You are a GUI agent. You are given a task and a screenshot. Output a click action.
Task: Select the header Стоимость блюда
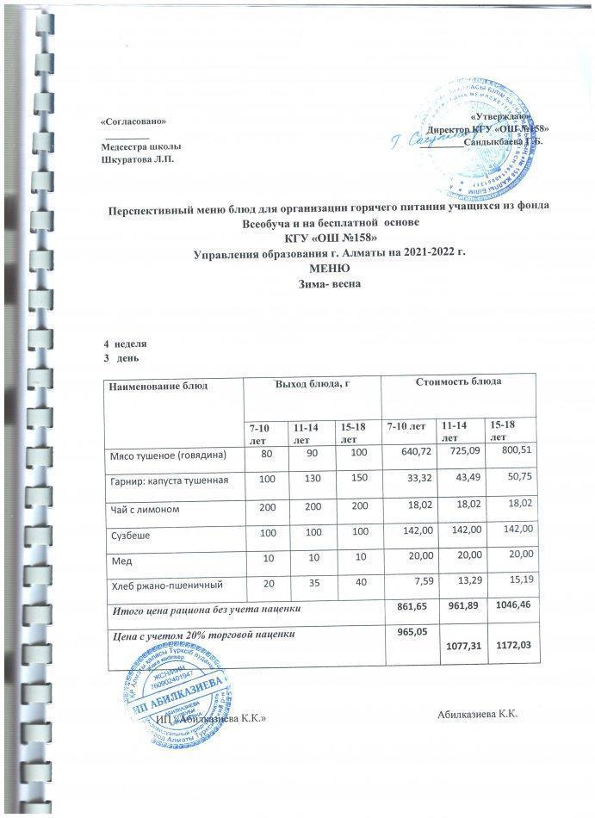coord(461,380)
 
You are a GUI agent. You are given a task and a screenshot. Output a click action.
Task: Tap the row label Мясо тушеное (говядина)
coord(167,453)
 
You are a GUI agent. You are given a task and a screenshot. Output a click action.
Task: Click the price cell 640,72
coord(408,453)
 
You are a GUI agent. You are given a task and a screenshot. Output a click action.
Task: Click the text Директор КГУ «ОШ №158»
coord(496,128)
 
